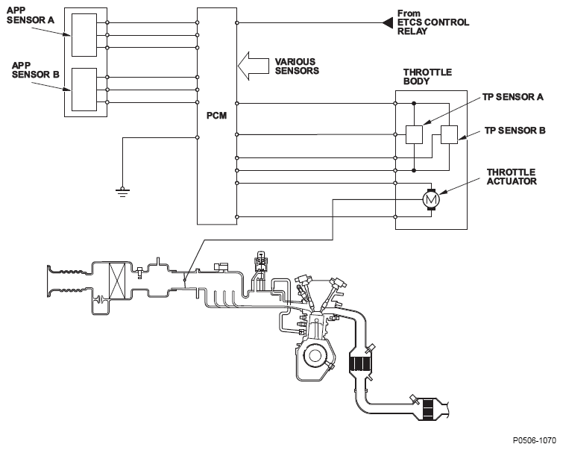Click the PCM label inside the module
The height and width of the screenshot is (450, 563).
216,116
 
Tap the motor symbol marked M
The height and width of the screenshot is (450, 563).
430,199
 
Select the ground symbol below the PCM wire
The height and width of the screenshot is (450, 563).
122,193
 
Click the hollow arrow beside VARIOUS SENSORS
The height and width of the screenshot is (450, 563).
253,66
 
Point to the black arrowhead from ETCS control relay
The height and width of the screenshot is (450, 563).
387,23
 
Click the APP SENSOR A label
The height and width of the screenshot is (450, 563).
31,16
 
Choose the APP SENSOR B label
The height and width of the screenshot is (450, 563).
35,70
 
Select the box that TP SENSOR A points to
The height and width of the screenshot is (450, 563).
414,134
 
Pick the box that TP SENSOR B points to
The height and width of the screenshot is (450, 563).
449,134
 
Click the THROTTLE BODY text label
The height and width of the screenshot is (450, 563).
427,77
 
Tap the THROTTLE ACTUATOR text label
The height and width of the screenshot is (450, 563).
512,177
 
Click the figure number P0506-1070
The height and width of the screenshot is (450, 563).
534,440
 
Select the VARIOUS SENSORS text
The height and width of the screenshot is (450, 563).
297,66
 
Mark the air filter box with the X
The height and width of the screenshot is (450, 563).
117,281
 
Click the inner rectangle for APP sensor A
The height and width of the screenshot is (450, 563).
84,35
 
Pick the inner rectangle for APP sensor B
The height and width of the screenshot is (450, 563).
84,90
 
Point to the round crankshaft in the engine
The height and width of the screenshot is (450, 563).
315,355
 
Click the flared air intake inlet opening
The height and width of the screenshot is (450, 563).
49,281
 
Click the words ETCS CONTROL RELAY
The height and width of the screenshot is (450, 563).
433,27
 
